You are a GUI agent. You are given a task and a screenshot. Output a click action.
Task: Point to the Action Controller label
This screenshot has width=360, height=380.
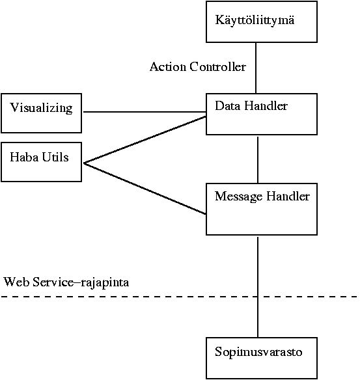coord(198,66)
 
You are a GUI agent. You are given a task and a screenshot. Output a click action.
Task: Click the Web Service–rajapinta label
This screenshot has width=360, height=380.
coord(66,282)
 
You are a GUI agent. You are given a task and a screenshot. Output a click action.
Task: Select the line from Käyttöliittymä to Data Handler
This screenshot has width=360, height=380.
coord(256,68)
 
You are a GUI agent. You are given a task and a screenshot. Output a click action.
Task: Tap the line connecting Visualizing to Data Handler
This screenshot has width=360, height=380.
coord(145,112)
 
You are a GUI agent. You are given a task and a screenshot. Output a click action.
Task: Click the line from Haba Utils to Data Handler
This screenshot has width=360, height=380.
coord(145,140)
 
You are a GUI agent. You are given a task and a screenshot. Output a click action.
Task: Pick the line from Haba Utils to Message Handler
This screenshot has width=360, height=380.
coord(145,189)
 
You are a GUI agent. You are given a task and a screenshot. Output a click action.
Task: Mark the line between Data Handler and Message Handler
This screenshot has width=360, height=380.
coord(258,160)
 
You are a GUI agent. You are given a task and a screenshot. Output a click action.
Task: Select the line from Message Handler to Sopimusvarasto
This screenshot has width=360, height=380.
coord(258,287)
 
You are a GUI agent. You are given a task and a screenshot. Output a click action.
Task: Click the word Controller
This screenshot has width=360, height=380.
coord(218,66)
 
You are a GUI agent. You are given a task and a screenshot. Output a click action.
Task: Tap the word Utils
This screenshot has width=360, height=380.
coord(55,157)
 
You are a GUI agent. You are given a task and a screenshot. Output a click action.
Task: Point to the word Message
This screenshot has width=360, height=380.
coord(238,197)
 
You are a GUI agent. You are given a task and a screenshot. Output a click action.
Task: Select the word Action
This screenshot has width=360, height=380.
coord(168,66)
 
